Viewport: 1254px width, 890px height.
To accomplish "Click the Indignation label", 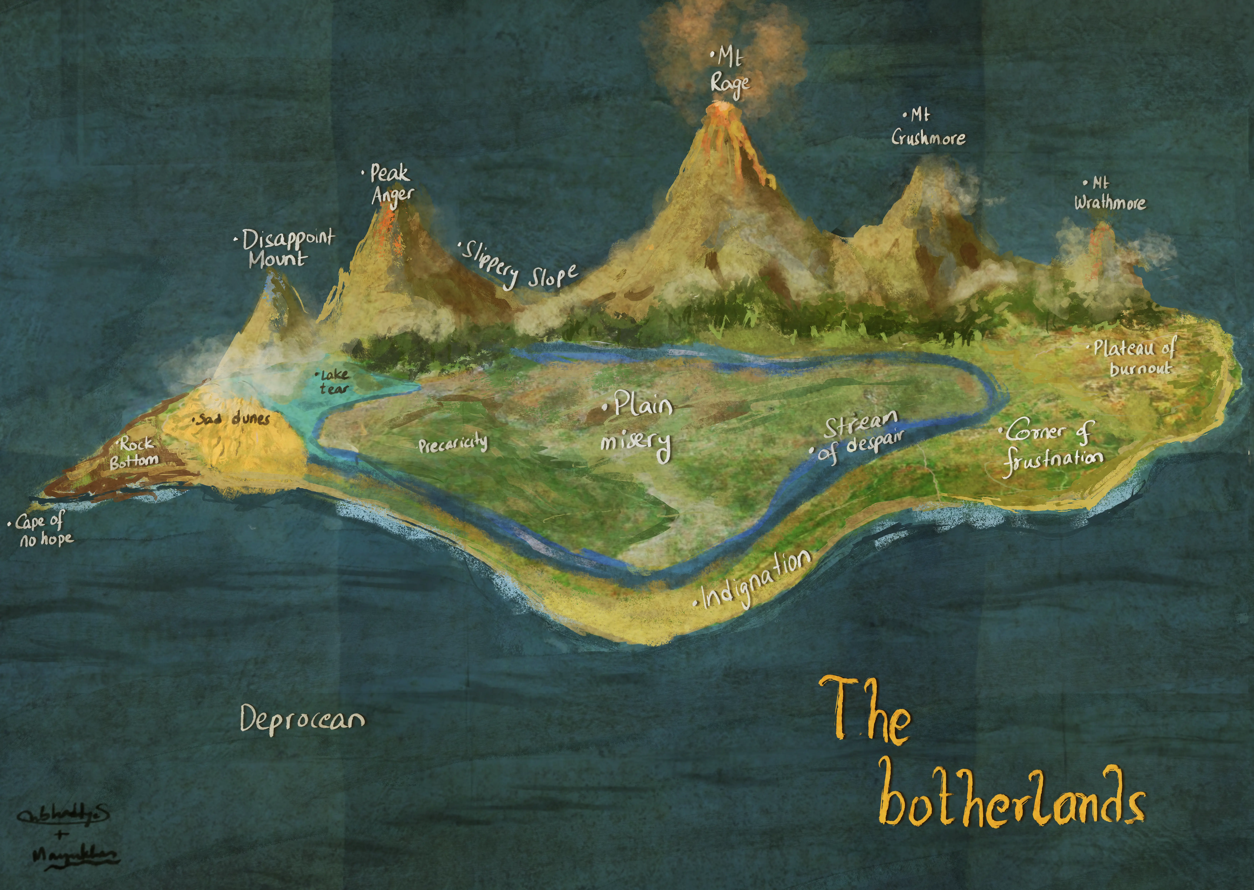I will click(x=756, y=581).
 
